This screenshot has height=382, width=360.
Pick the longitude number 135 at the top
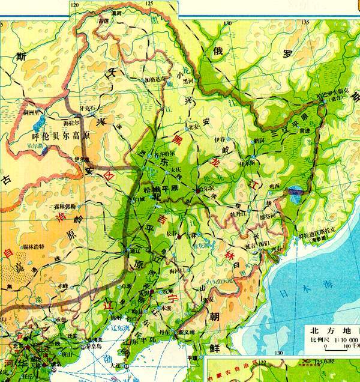pyautogui.click(x=305, y=22)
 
